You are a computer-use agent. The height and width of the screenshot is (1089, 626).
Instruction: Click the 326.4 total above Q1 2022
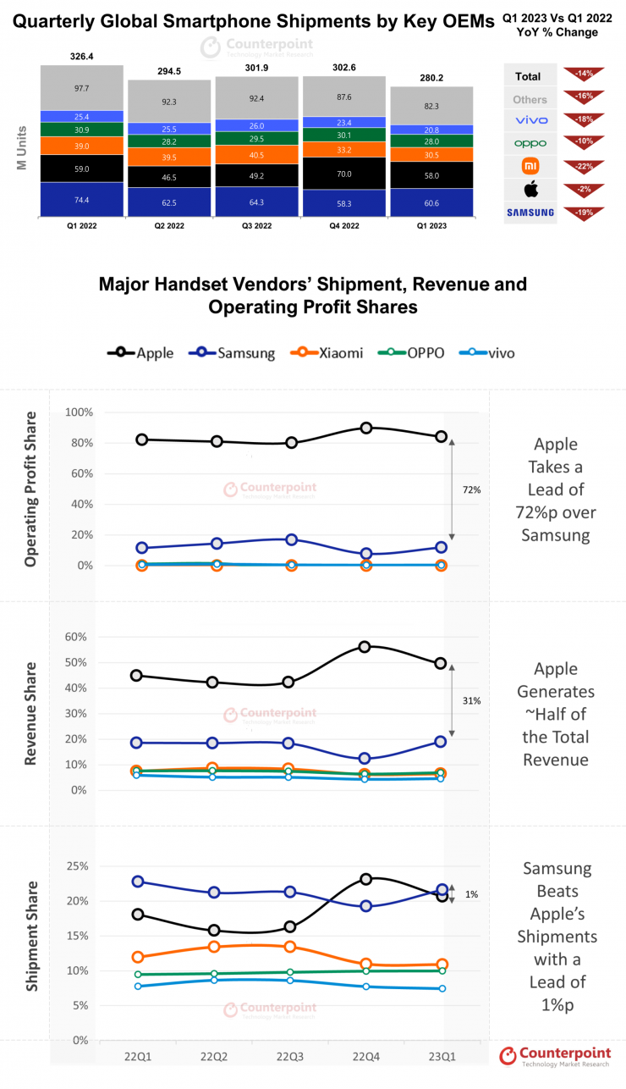81,57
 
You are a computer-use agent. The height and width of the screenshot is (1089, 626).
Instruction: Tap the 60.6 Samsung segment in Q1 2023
431,203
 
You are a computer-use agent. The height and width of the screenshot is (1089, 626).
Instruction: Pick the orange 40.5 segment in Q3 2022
256,155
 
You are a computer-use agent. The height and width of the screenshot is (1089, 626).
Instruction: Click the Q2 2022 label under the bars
169,226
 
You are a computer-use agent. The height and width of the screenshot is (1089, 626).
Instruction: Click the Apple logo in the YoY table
530,188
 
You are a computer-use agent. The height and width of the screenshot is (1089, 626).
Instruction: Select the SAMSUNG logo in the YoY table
530,213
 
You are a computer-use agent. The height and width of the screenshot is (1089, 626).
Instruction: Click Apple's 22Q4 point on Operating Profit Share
365,428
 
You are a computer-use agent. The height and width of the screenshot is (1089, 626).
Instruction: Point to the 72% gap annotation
472,490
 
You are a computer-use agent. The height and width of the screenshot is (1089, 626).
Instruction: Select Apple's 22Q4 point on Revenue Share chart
365,646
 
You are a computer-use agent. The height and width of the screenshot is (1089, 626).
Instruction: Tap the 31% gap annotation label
472,700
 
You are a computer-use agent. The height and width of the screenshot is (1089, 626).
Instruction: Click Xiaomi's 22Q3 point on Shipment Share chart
291,947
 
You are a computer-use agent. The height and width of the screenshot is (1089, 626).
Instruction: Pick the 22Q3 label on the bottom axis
291,1057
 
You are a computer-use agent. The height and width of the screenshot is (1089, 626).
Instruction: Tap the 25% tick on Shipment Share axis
76,865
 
